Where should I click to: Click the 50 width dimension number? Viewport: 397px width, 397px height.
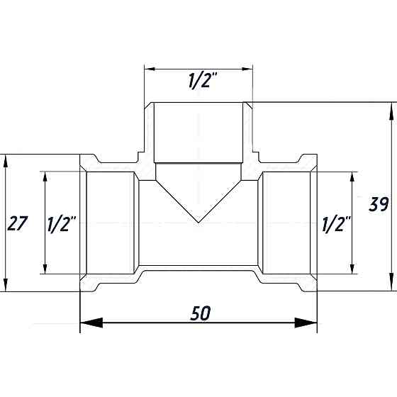(200, 313)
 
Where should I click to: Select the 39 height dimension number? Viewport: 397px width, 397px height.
(379, 204)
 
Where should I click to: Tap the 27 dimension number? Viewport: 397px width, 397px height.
(17, 223)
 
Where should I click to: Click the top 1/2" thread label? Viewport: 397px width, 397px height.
(203, 81)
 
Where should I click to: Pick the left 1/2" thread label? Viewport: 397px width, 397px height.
(62, 224)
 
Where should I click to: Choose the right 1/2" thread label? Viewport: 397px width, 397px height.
(336, 224)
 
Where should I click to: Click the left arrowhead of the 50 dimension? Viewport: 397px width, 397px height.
(91, 323)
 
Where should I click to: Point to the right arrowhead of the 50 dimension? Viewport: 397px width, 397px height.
(306, 323)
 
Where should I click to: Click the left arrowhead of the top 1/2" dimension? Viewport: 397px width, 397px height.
(150, 69)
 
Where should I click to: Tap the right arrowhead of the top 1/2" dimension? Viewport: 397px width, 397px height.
(247, 69)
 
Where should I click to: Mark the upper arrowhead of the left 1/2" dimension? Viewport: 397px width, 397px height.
(45, 177)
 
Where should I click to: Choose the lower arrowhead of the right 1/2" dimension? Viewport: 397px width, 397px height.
(352, 269)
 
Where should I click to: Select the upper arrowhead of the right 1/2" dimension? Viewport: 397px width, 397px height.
(352, 177)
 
